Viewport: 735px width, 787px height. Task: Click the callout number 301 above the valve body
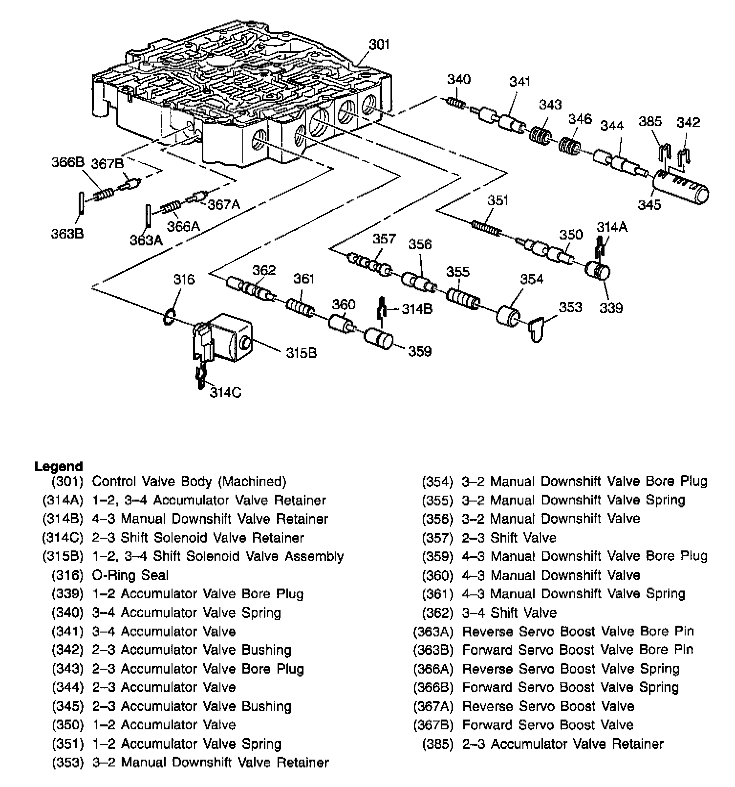pyautogui.click(x=379, y=44)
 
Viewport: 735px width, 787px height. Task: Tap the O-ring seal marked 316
pyautogui.click(x=169, y=317)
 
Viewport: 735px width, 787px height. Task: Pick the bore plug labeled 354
pyautogui.click(x=509, y=316)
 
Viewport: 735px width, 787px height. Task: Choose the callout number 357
pyautogui.click(x=384, y=239)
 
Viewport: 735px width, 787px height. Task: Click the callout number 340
pyautogui.click(x=459, y=80)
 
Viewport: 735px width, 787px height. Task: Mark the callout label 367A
pyautogui.click(x=224, y=204)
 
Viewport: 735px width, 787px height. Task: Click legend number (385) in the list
pyautogui.click(x=438, y=744)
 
